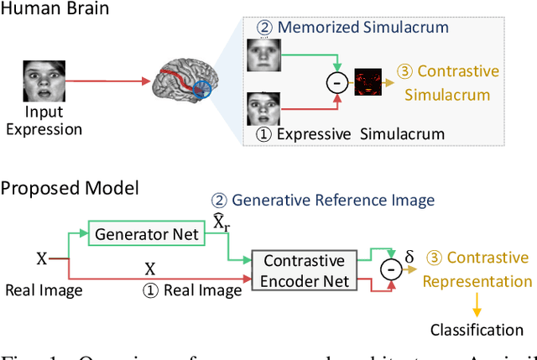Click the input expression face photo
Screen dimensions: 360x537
[x=38, y=81]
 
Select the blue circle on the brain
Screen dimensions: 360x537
[x=204, y=92]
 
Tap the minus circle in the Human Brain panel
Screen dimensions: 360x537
[x=336, y=83]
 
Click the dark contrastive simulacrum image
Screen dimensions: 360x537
[x=369, y=82]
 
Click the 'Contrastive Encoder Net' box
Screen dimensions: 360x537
[x=303, y=269]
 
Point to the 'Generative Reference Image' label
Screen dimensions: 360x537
[x=323, y=201]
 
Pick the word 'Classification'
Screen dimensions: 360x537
[x=477, y=329]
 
